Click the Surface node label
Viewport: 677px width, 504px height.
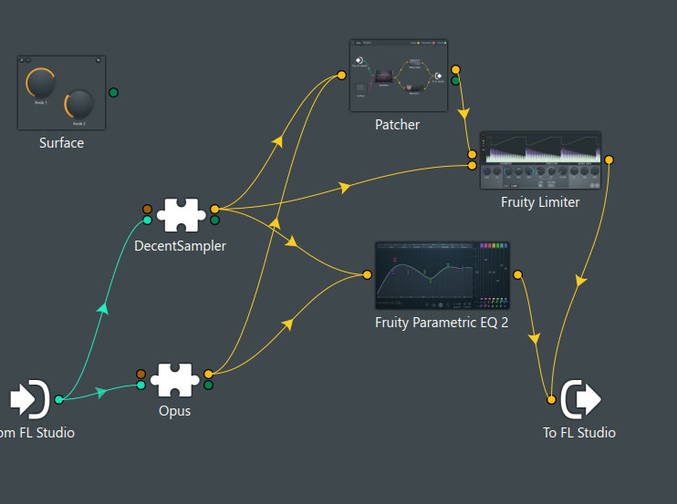[x=61, y=143]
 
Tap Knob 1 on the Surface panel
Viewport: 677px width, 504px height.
[x=41, y=84]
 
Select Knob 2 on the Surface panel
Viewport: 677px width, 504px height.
[x=79, y=104]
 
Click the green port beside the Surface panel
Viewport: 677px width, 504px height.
[x=113, y=92]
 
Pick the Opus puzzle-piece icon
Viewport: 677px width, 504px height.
[x=174, y=379]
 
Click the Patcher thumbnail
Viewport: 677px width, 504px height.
[x=398, y=76]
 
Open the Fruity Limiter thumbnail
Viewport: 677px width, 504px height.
[x=540, y=160]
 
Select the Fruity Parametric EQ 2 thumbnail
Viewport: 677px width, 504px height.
[x=442, y=276]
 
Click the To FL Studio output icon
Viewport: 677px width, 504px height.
[x=581, y=399]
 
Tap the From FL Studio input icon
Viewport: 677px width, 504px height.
[x=29, y=398]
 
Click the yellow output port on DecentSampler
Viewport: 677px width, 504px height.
[x=214, y=209]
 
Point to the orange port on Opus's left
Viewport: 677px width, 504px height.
[x=141, y=374]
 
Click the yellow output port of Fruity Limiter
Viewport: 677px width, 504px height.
[x=609, y=160]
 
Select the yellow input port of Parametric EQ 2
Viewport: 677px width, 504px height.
[x=367, y=274]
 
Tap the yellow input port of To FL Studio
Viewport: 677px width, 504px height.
[x=551, y=399]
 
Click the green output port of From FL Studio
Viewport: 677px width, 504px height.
[x=58, y=399]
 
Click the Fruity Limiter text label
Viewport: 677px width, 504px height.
[x=540, y=202]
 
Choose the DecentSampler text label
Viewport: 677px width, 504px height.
[x=180, y=245]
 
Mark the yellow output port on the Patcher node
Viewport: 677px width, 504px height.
[x=455, y=70]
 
